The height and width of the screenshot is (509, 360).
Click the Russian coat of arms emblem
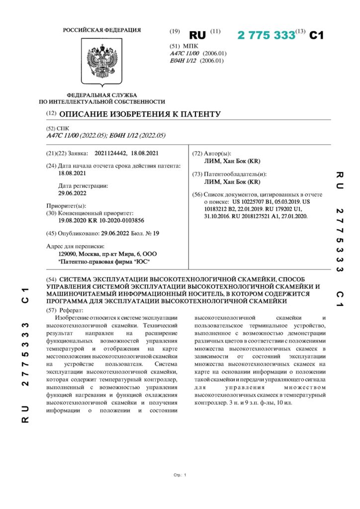[x=102, y=62]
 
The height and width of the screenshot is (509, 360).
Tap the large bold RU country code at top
[x=197, y=36]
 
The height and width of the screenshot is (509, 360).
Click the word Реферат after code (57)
[x=73, y=309]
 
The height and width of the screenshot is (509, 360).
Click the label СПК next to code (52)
[x=64, y=128]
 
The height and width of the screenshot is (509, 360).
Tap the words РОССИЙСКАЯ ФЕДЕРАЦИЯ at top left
[x=101, y=30]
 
